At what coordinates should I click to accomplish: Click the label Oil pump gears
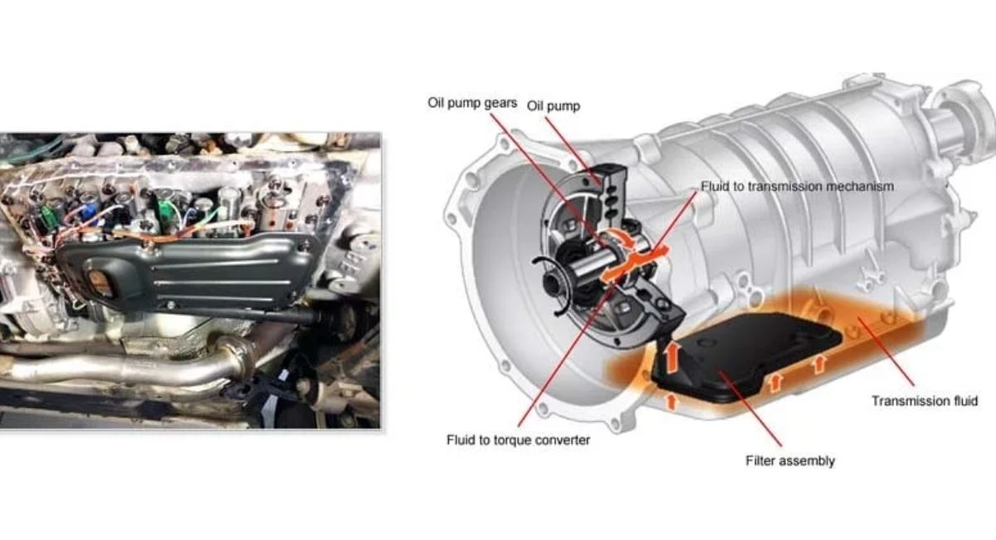(472, 103)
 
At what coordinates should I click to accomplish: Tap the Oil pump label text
(554, 106)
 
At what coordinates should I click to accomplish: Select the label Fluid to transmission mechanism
(798, 186)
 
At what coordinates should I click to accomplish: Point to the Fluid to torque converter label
(518, 439)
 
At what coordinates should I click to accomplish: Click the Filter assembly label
(790, 460)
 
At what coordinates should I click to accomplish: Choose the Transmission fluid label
(925, 400)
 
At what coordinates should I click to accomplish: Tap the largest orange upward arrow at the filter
(672, 356)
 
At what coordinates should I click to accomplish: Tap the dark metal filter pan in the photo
(187, 272)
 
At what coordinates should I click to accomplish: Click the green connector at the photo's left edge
(46, 216)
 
